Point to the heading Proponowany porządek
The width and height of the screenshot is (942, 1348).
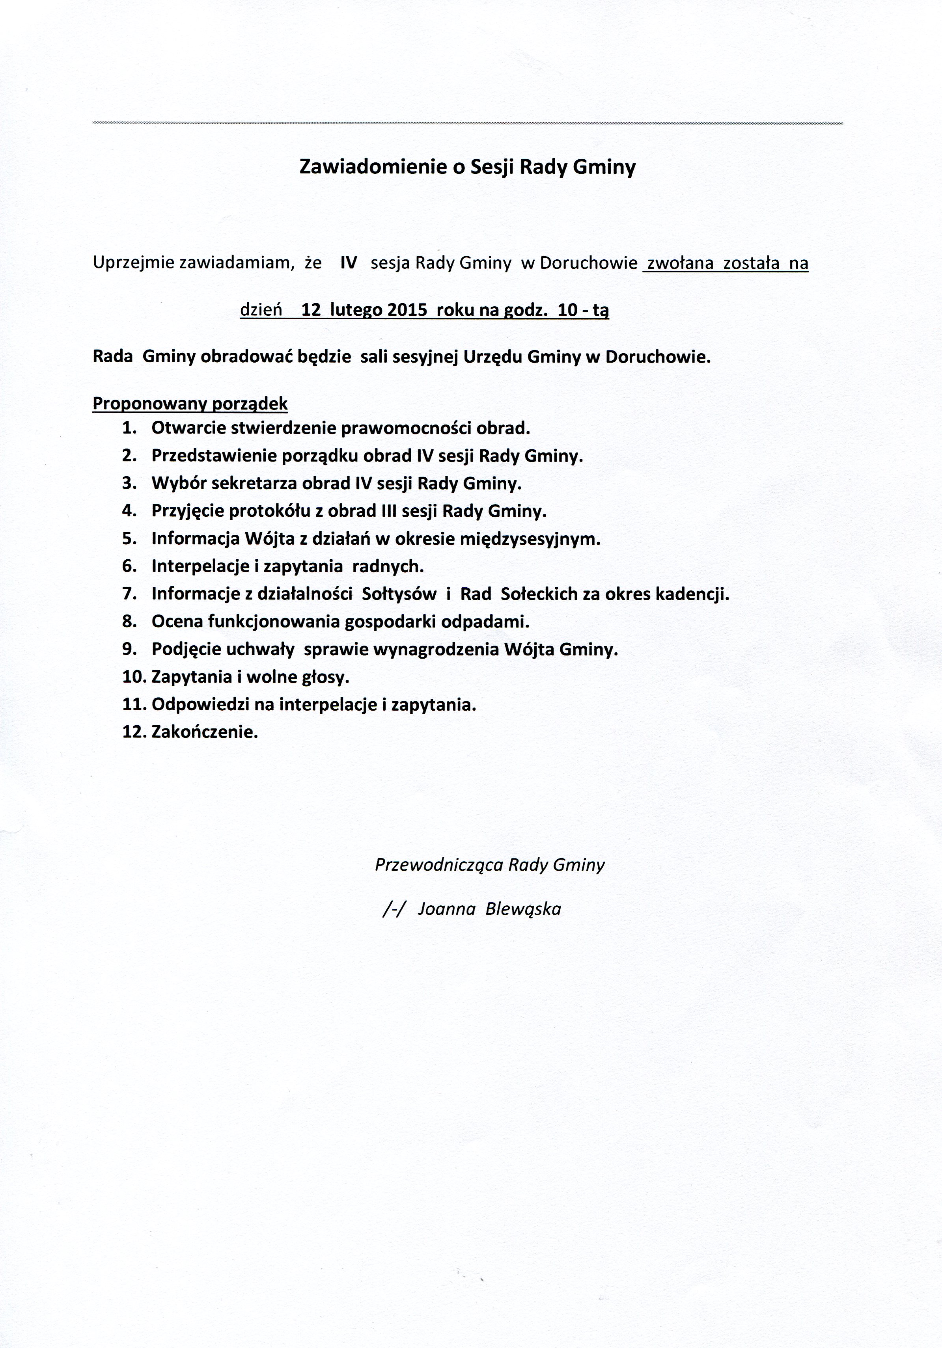pyautogui.click(x=190, y=404)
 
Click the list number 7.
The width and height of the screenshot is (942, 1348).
pyautogui.click(x=129, y=594)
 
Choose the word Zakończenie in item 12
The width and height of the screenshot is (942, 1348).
pyautogui.click(x=204, y=732)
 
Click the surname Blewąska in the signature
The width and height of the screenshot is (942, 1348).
pyautogui.click(x=524, y=909)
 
